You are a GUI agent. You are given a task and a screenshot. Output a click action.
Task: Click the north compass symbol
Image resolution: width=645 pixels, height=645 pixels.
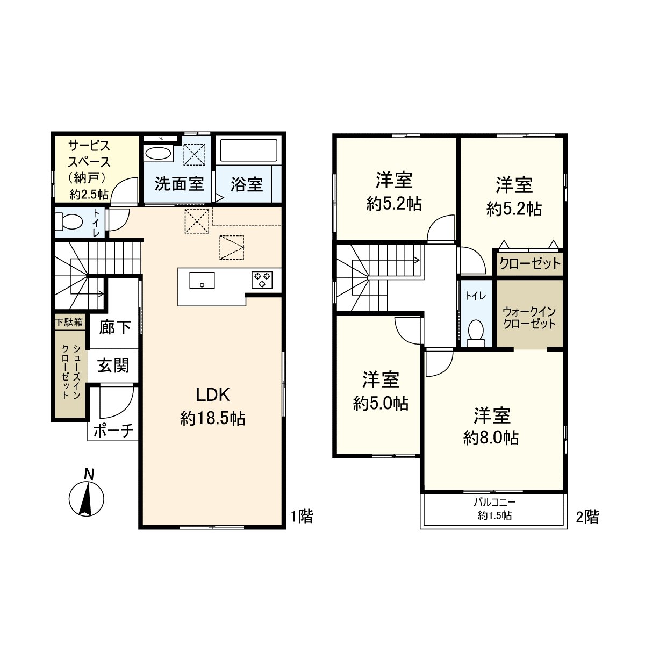[x=85, y=497]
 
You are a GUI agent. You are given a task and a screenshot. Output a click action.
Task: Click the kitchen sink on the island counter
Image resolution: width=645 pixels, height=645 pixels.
[x=202, y=280]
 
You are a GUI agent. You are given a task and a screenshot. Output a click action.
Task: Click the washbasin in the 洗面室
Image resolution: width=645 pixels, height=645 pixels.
[x=158, y=153]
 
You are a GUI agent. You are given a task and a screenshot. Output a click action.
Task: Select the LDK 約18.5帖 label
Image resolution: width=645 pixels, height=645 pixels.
[x=213, y=406]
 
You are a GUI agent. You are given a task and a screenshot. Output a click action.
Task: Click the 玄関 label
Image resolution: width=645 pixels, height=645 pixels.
[x=113, y=366]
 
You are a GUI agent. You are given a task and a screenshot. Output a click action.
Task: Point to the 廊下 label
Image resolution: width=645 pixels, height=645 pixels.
[x=115, y=327]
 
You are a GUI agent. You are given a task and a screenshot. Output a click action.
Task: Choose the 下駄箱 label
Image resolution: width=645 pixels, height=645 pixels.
[x=70, y=322]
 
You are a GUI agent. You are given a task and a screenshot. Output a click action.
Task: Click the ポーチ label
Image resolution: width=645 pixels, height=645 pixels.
[x=113, y=431]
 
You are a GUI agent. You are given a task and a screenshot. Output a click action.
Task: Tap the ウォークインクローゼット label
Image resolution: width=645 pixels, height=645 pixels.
[x=529, y=318]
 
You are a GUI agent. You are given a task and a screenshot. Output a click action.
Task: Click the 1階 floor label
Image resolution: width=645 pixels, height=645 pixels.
[x=302, y=517]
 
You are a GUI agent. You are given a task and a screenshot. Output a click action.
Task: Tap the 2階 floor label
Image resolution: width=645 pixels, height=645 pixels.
[x=587, y=517]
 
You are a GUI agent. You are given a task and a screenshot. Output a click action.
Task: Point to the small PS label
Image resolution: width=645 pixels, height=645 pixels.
[x=160, y=139]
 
